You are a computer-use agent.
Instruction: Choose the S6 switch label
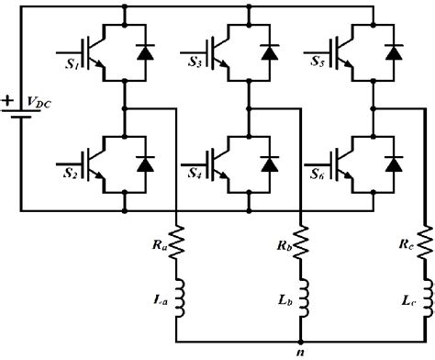tap(318, 172)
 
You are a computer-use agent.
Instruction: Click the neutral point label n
tap(300, 350)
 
